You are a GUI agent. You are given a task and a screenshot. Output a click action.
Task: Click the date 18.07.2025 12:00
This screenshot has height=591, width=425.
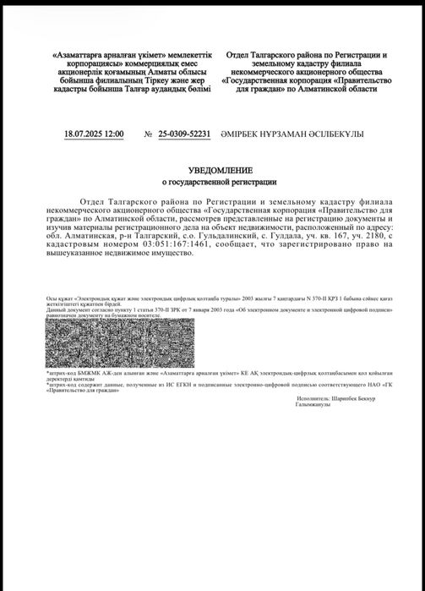coord(94,134)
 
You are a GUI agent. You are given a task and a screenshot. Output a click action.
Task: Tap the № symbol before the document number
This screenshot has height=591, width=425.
coord(149,134)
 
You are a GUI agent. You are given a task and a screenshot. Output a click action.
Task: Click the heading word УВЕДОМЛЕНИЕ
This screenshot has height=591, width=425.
coord(213,169)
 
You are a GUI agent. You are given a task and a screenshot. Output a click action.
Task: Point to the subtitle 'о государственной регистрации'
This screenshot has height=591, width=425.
coord(213,182)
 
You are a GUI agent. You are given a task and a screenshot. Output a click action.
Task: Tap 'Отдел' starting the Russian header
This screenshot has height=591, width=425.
coord(241,54)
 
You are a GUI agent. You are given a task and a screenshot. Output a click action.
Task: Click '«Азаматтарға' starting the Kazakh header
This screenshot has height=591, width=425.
coord(80,54)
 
